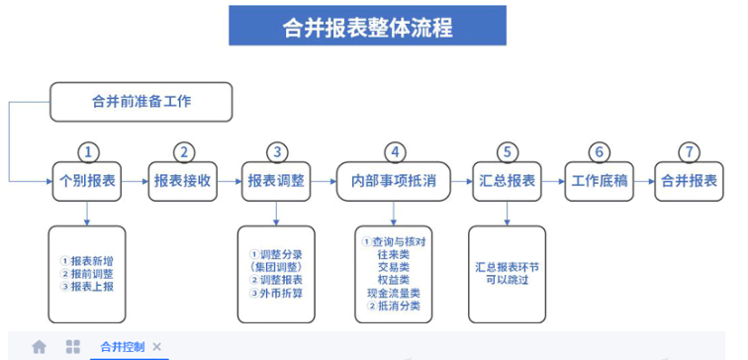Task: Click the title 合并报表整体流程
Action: tap(367, 27)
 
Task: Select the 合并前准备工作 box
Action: tap(141, 102)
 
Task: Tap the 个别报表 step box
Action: tap(87, 181)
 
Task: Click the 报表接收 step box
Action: tap(183, 181)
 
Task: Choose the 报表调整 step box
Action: tap(276, 181)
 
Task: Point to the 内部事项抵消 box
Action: tap(394, 181)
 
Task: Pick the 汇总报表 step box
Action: tap(508, 181)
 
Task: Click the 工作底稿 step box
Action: tap(600, 181)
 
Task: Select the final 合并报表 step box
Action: tap(689, 181)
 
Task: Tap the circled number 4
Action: tap(395, 152)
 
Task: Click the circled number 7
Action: tap(689, 152)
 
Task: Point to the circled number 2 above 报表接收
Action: tap(184, 152)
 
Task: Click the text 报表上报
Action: tap(92, 287)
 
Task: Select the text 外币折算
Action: tap(281, 293)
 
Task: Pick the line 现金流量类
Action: tap(394, 293)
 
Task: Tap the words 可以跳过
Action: tap(508, 280)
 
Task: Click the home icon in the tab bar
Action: tap(40, 347)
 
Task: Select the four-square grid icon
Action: tap(73, 347)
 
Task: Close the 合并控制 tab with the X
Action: tap(156, 347)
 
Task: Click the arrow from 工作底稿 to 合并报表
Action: tap(644, 181)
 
